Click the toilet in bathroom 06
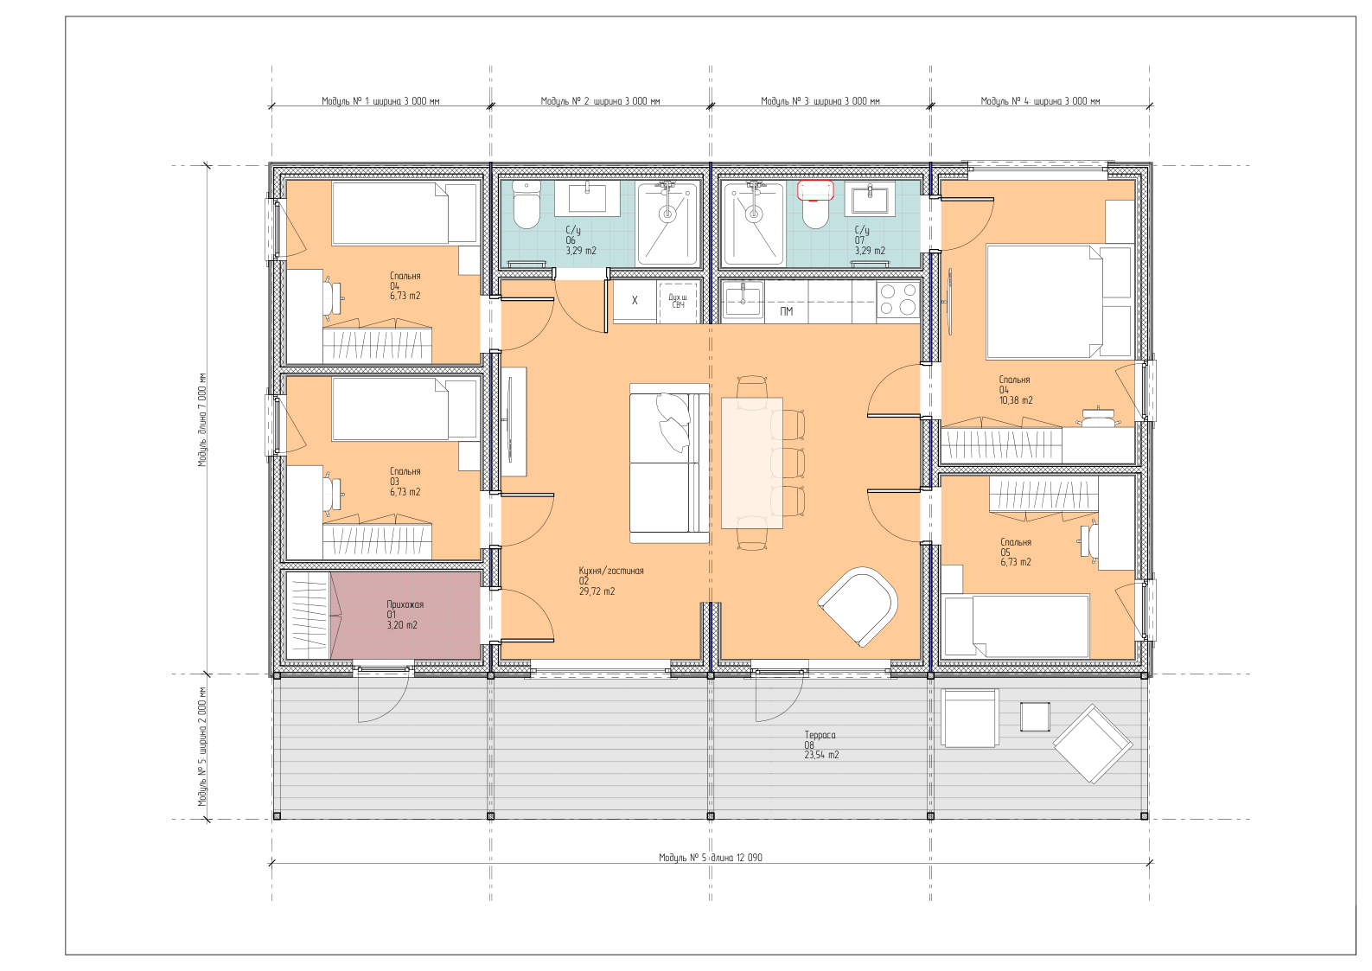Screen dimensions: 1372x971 pyautogui.click(x=526, y=205)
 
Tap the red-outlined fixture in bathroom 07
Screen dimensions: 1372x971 pyautogui.click(x=816, y=190)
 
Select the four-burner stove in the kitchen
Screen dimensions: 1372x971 pyautogui.click(x=898, y=299)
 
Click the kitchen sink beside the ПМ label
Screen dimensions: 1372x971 pyautogui.click(x=743, y=300)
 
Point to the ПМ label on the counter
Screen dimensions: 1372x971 pyautogui.click(x=787, y=311)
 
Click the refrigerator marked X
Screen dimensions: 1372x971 pyautogui.click(x=635, y=301)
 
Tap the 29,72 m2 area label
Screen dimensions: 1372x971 pyautogui.click(x=597, y=591)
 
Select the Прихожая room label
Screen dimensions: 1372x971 pyautogui.click(x=405, y=604)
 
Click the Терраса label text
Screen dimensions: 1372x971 pyautogui.click(x=820, y=735)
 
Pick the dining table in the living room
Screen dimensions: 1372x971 pyautogui.click(x=752, y=463)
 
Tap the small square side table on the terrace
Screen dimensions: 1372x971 pyautogui.click(x=1035, y=717)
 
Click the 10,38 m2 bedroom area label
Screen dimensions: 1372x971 pyautogui.click(x=1016, y=400)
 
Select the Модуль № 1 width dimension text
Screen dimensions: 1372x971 pyautogui.click(x=380, y=101)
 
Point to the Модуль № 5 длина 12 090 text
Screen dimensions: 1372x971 pyautogui.click(x=711, y=858)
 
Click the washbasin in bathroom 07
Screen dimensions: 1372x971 pyautogui.click(x=870, y=199)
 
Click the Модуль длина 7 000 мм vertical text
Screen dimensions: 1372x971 pyautogui.click(x=202, y=419)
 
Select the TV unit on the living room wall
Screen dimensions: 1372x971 pyautogui.click(x=514, y=421)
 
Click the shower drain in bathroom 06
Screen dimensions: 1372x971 pyautogui.click(x=667, y=214)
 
